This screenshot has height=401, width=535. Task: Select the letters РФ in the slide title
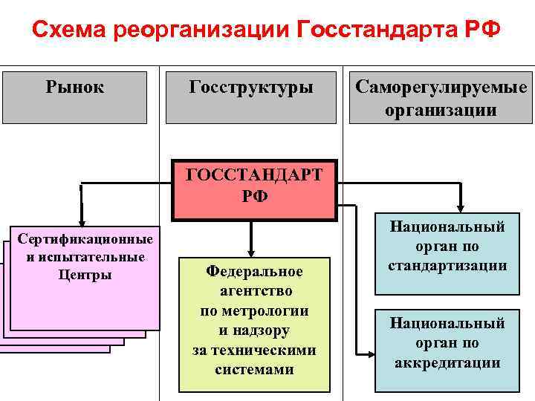(x=481, y=32)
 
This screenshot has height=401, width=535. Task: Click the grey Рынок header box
(x=75, y=97)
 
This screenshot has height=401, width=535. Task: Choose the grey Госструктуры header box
(x=251, y=97)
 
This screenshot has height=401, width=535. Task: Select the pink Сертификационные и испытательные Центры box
(x=85, y=276)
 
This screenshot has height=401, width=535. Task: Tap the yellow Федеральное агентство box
(x=254, y=325)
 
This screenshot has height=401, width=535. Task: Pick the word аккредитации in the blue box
(x=447, y=363)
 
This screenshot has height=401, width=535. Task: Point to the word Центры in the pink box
(x=85, y=275)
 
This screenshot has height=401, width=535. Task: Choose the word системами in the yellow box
(x=254, y=369)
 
